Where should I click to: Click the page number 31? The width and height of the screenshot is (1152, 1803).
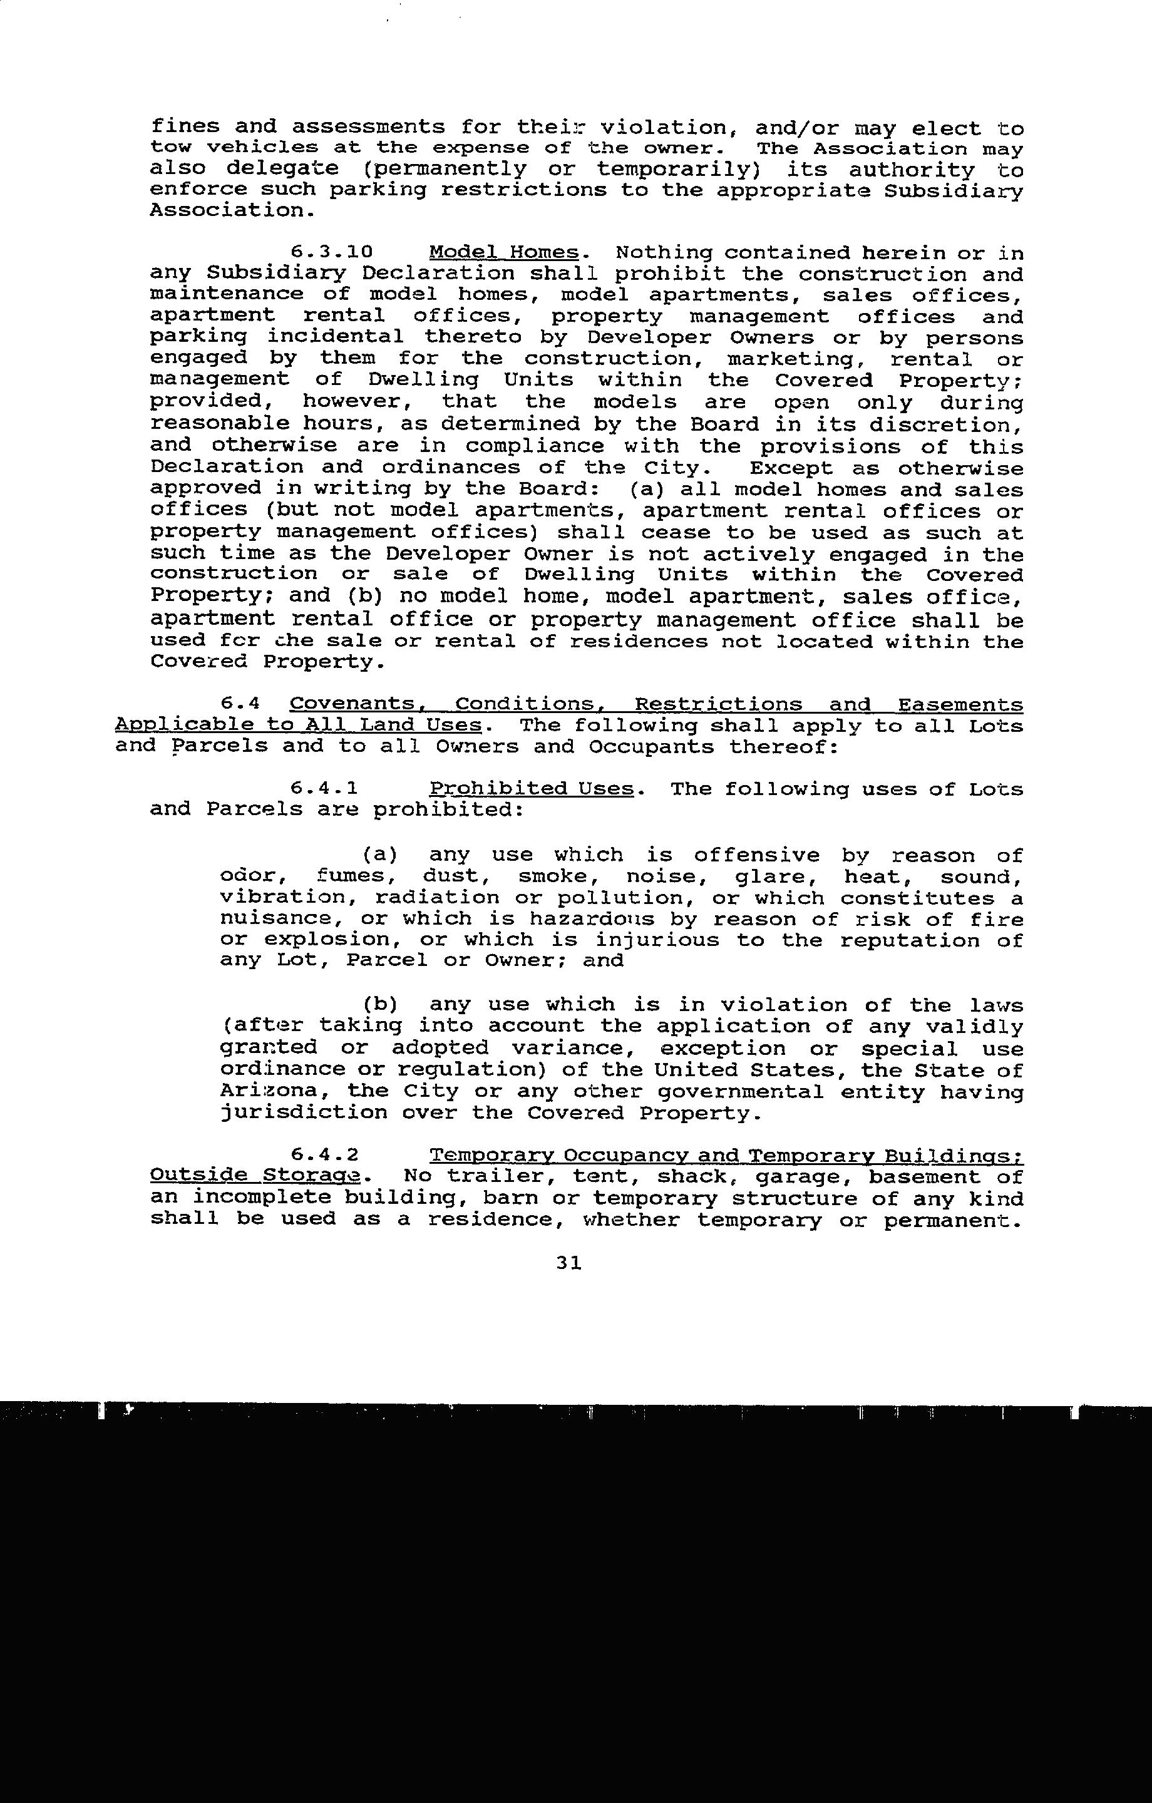(569, 1263)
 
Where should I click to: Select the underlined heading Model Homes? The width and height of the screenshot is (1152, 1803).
(504, 252)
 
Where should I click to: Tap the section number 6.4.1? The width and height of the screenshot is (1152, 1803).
(324, 788)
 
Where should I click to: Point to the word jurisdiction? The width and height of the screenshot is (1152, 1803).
(304, 1113)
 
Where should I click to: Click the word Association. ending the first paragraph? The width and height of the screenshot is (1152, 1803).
(229, 210)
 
